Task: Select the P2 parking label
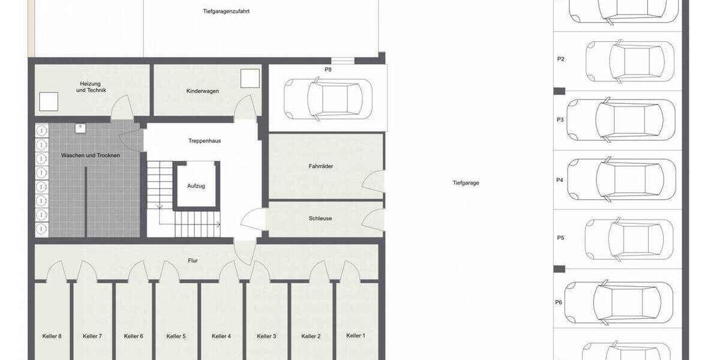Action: [560, 59]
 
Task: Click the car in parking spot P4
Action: [630, 178]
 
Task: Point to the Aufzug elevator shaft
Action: [196, 186]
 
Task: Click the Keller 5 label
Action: [176, 336]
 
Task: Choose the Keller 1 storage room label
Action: [355, 335]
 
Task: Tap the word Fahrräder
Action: [320, 166]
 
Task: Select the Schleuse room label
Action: [320, 218]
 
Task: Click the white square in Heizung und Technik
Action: [48, 102]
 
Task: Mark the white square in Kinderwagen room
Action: [250, 78]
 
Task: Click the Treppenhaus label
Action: [204, 141]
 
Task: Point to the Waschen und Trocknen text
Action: [91, 155]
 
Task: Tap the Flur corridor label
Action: [193, 260]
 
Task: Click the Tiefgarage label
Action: [466, 183]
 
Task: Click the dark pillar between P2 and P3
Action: [559, 91]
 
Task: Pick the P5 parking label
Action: [560, 238]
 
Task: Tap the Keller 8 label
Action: [52, 336]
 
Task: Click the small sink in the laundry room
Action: [80, 128]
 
